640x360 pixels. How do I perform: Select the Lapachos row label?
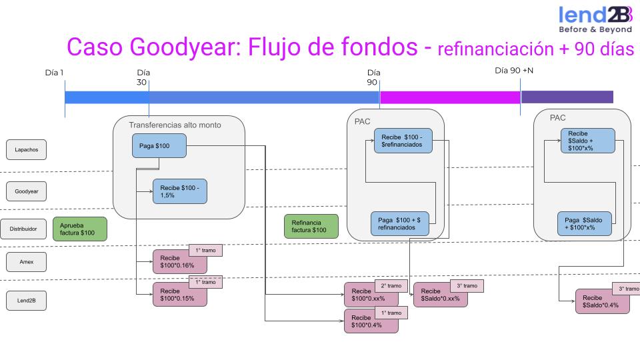[27, 150]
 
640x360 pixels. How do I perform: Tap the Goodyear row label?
[27, 191]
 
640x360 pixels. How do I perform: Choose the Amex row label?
[27, 263]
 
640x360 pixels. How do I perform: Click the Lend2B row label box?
[27, 301]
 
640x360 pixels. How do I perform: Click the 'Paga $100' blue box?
[159, 146]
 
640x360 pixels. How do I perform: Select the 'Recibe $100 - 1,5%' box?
[180, 192]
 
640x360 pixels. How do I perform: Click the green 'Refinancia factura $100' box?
[311, 226]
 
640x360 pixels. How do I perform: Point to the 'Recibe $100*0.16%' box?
[179, 262]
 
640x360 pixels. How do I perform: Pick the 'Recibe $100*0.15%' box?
[179, 294]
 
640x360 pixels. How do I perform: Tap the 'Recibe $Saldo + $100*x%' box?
[587, 140]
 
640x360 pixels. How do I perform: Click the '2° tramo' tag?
[391, 285]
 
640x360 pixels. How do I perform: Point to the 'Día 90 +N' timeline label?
[514, 70]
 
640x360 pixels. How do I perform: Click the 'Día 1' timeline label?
[54, 72]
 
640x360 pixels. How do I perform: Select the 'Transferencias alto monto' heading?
[175, 125]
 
